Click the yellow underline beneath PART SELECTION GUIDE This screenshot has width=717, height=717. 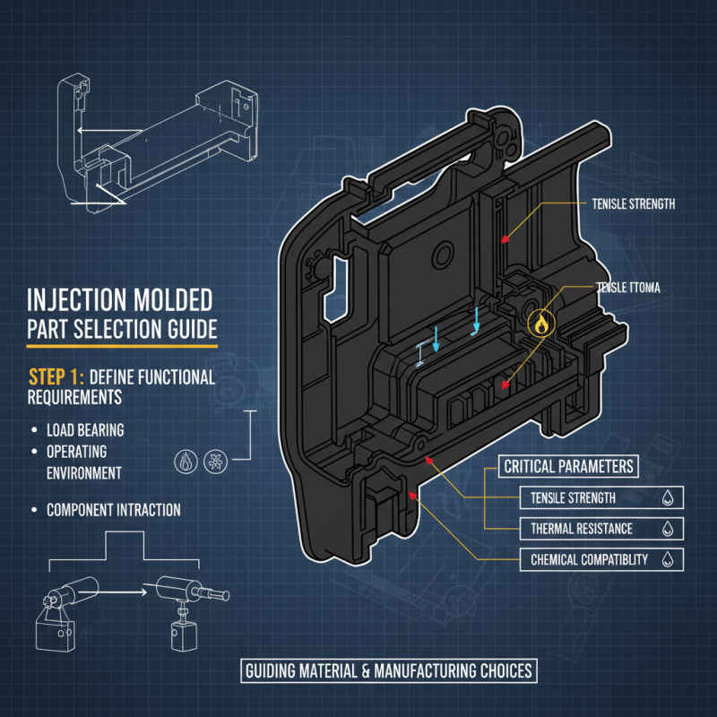tap(122, 345)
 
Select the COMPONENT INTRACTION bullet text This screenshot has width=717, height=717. tap(113, 510)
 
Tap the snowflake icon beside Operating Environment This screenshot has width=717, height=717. tap(217, 461)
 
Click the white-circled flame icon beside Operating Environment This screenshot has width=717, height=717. tap(185, 461)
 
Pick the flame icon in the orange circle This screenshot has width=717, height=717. tap(540, 325)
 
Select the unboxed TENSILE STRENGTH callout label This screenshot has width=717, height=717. tap(633, 204)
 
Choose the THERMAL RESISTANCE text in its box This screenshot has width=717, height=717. tap(581, 529)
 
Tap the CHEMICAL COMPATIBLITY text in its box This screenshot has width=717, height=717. tap(589, 560)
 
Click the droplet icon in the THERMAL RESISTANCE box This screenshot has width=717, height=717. tap(667, 529)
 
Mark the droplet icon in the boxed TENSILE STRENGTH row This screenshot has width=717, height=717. tap(667, 498)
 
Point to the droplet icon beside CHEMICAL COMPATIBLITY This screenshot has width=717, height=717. tap(667, 560)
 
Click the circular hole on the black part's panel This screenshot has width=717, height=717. tap(442, 257)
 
